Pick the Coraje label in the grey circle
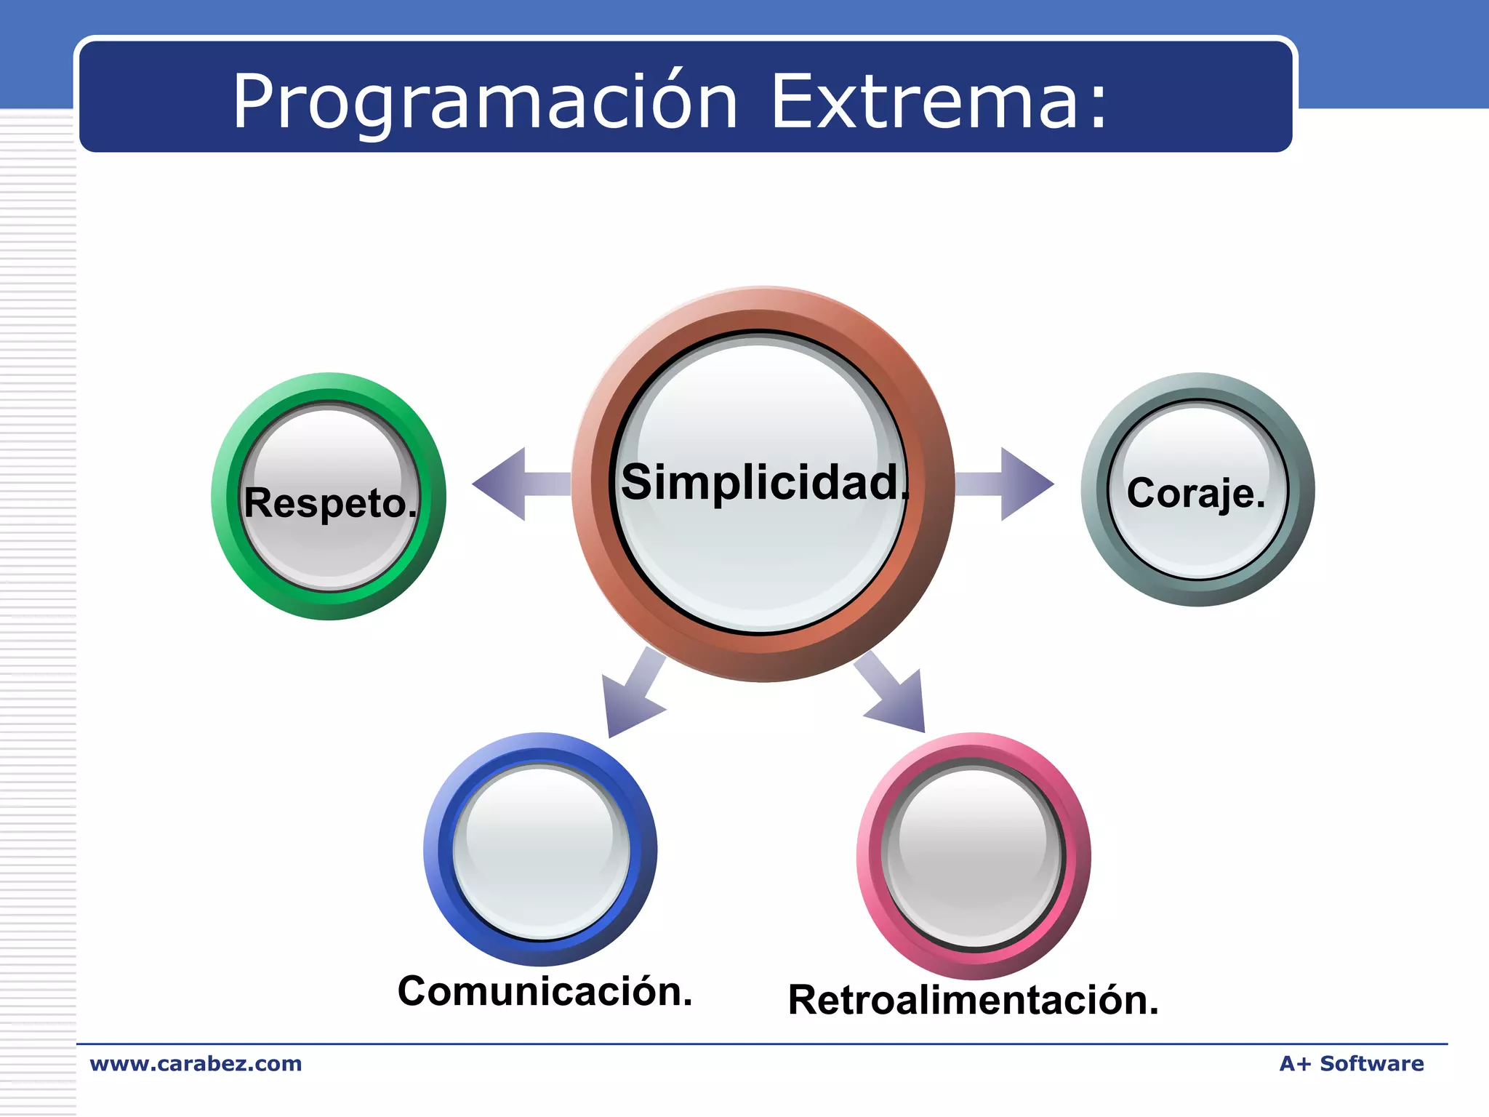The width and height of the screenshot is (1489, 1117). (1196, 493)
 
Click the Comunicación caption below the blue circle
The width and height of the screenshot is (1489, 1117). (545, 991)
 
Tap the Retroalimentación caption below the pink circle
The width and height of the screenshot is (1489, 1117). (973, 1000)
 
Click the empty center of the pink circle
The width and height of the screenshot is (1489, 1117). (974, 854)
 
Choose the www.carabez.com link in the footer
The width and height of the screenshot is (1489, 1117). (196, 1064)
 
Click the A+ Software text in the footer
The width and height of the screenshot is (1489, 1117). (1351, 1064)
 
